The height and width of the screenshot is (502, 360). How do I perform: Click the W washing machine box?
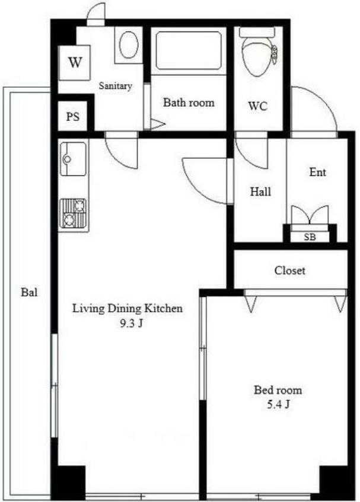click(x=74, y=63)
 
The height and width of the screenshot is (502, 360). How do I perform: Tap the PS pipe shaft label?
click(x=73, y=117)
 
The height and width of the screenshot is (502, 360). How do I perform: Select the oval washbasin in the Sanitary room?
click(x=129, y=45)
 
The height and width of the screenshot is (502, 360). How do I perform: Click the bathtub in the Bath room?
click(x=189, y=50)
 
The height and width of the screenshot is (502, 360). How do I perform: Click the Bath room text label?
click(x=189, y=103)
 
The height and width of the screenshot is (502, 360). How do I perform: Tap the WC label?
click(x=258, y=106)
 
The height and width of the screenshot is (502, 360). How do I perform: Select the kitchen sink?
click(x=74, y=159)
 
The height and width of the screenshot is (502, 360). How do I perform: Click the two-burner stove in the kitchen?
click(x=74, y=213)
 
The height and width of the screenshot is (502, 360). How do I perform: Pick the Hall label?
click(x=260, y=192)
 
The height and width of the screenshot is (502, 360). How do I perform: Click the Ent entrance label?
click(x=317, y=172)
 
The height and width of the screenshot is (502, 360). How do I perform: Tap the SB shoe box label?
click(x=310, y=237)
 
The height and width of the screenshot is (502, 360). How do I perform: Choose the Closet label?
click(x=289, y=270)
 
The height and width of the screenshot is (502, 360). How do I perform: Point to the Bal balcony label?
click(x=29, y=292)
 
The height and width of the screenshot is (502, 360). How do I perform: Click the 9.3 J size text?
click(x=131, y=324)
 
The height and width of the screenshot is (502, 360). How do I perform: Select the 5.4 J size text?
click(x=278, y=405)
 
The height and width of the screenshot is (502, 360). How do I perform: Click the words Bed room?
click(x=278, y=390)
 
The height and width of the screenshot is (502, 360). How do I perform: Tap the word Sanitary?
click(x=115, y=86)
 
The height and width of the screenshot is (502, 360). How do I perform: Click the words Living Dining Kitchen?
click(x=128, y=308)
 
